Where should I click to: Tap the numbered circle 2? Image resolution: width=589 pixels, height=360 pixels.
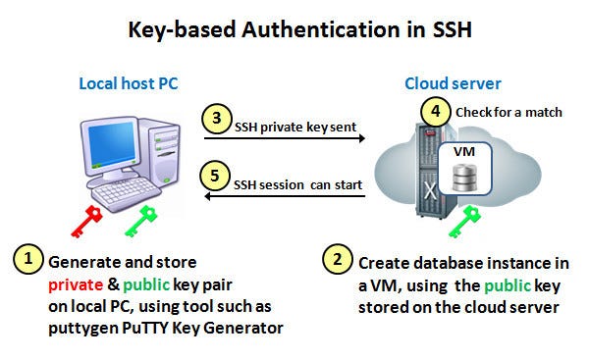click(337, 260)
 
